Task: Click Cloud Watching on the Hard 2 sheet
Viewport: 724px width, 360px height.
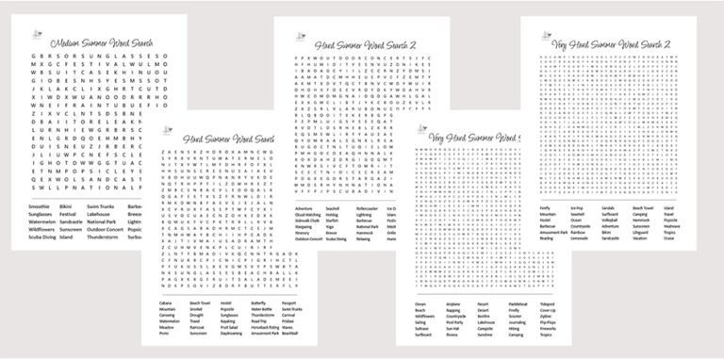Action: click(309, 214)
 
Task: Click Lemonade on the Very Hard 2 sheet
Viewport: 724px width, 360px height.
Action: click(584, 239)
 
